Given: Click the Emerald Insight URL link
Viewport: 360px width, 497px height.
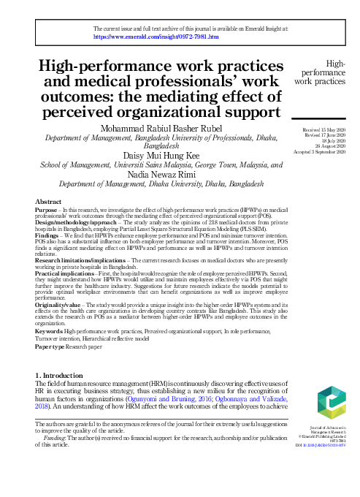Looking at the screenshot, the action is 157,34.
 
